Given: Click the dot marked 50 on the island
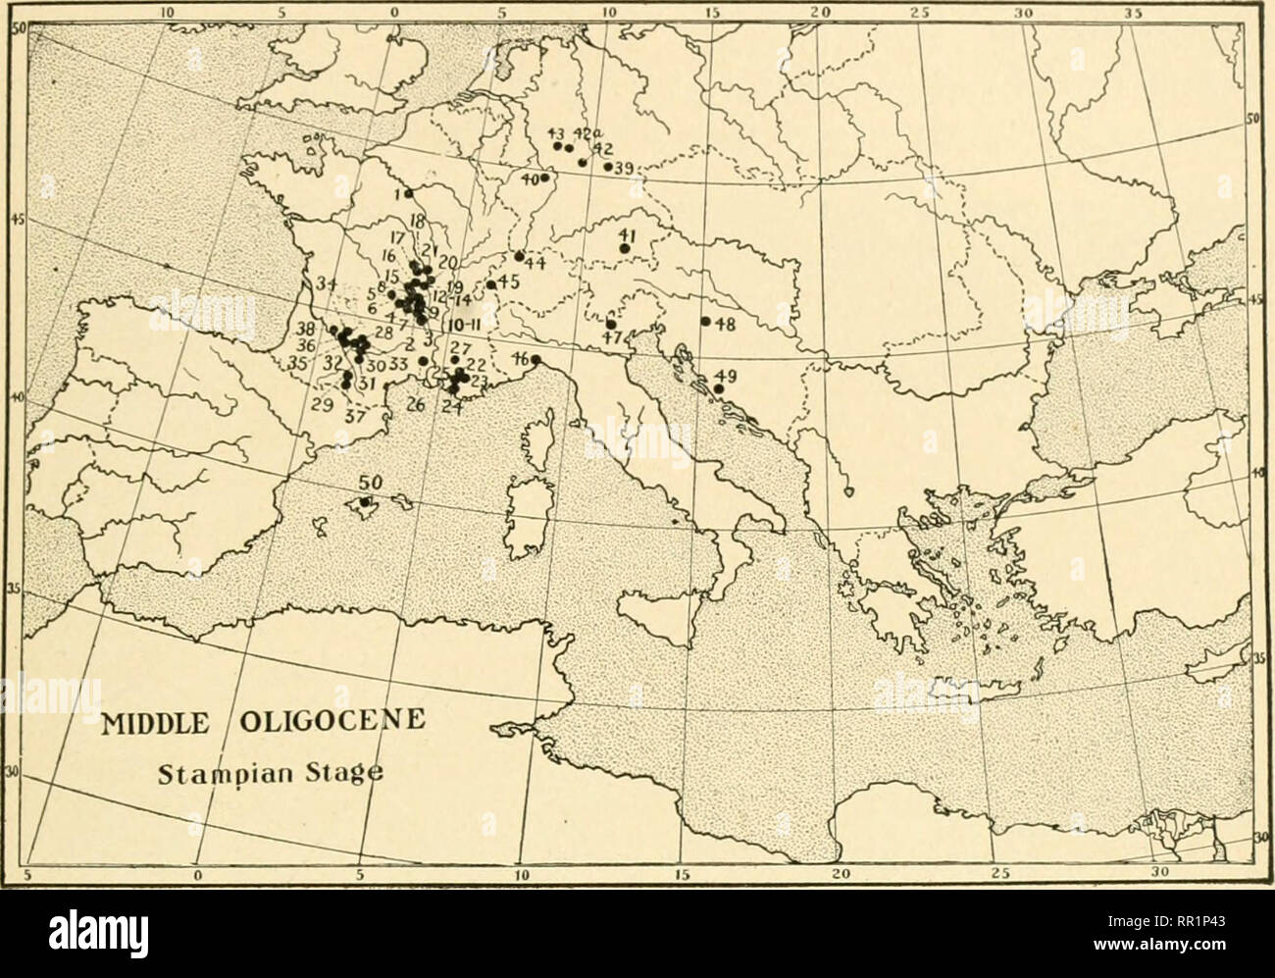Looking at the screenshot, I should click(365, 502).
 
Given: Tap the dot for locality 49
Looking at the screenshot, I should click(719, 389).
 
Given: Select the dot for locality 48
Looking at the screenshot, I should click(705, 322).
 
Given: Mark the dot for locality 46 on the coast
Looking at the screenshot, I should click(535, 359).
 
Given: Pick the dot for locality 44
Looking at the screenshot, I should click(518, 256).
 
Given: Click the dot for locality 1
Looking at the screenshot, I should click(408, 193).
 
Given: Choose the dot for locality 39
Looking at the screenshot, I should click(608, 167).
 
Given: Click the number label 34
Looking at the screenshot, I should click(328, 284).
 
